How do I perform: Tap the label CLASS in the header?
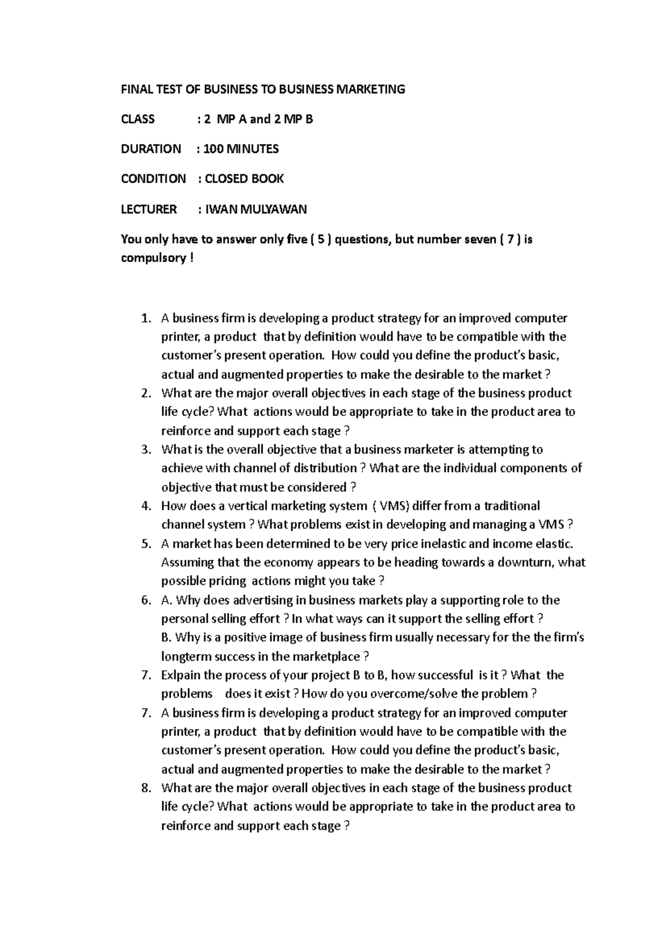click(138, 119)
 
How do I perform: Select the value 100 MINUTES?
click(241, 149)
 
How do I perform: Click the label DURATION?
click(151, 149)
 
